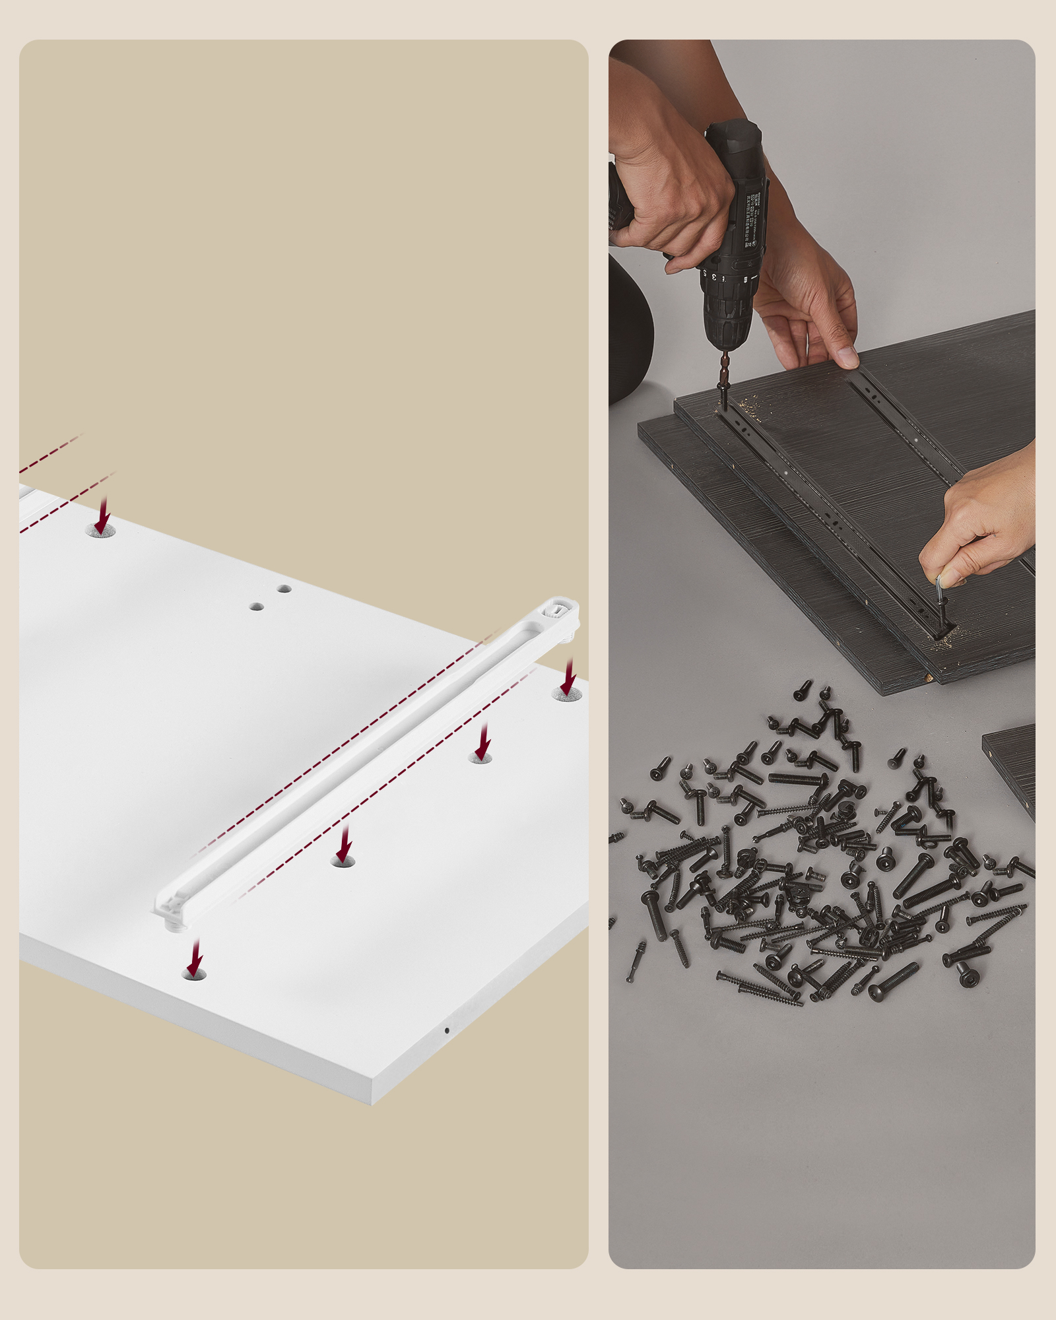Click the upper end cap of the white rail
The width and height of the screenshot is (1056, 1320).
[x=558, y=611]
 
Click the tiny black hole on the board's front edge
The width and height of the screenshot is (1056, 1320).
[x=447, y=1030]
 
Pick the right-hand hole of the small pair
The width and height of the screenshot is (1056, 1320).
[x=284, y=589]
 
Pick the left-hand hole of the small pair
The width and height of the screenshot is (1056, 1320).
[x=257, y=606]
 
